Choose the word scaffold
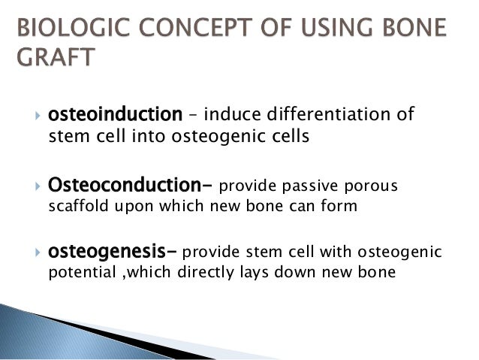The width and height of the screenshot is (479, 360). (74, 207)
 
